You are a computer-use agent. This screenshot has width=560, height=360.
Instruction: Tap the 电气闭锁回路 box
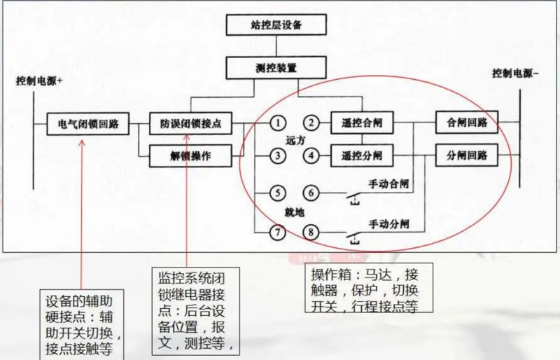pos(88,124)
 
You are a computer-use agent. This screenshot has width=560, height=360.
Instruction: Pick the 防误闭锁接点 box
pos(191,124)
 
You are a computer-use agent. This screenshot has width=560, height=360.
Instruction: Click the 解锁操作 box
pos(191,155)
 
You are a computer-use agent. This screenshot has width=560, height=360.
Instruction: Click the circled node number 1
pos(278,123)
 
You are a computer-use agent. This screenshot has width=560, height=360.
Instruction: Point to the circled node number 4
pos(312,155)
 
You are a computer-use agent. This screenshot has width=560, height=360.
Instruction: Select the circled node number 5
pos(278,193)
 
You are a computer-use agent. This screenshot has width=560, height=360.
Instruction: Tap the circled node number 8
pos(312,232)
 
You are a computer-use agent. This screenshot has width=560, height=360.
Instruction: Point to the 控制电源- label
pos(515,73)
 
